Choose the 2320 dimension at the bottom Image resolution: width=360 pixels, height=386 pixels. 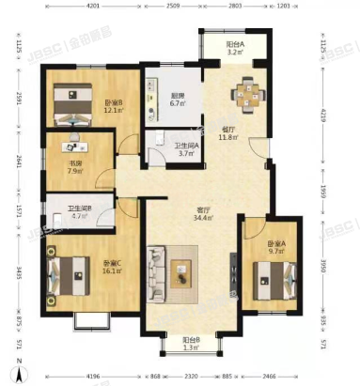click(x=192, y=377)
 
